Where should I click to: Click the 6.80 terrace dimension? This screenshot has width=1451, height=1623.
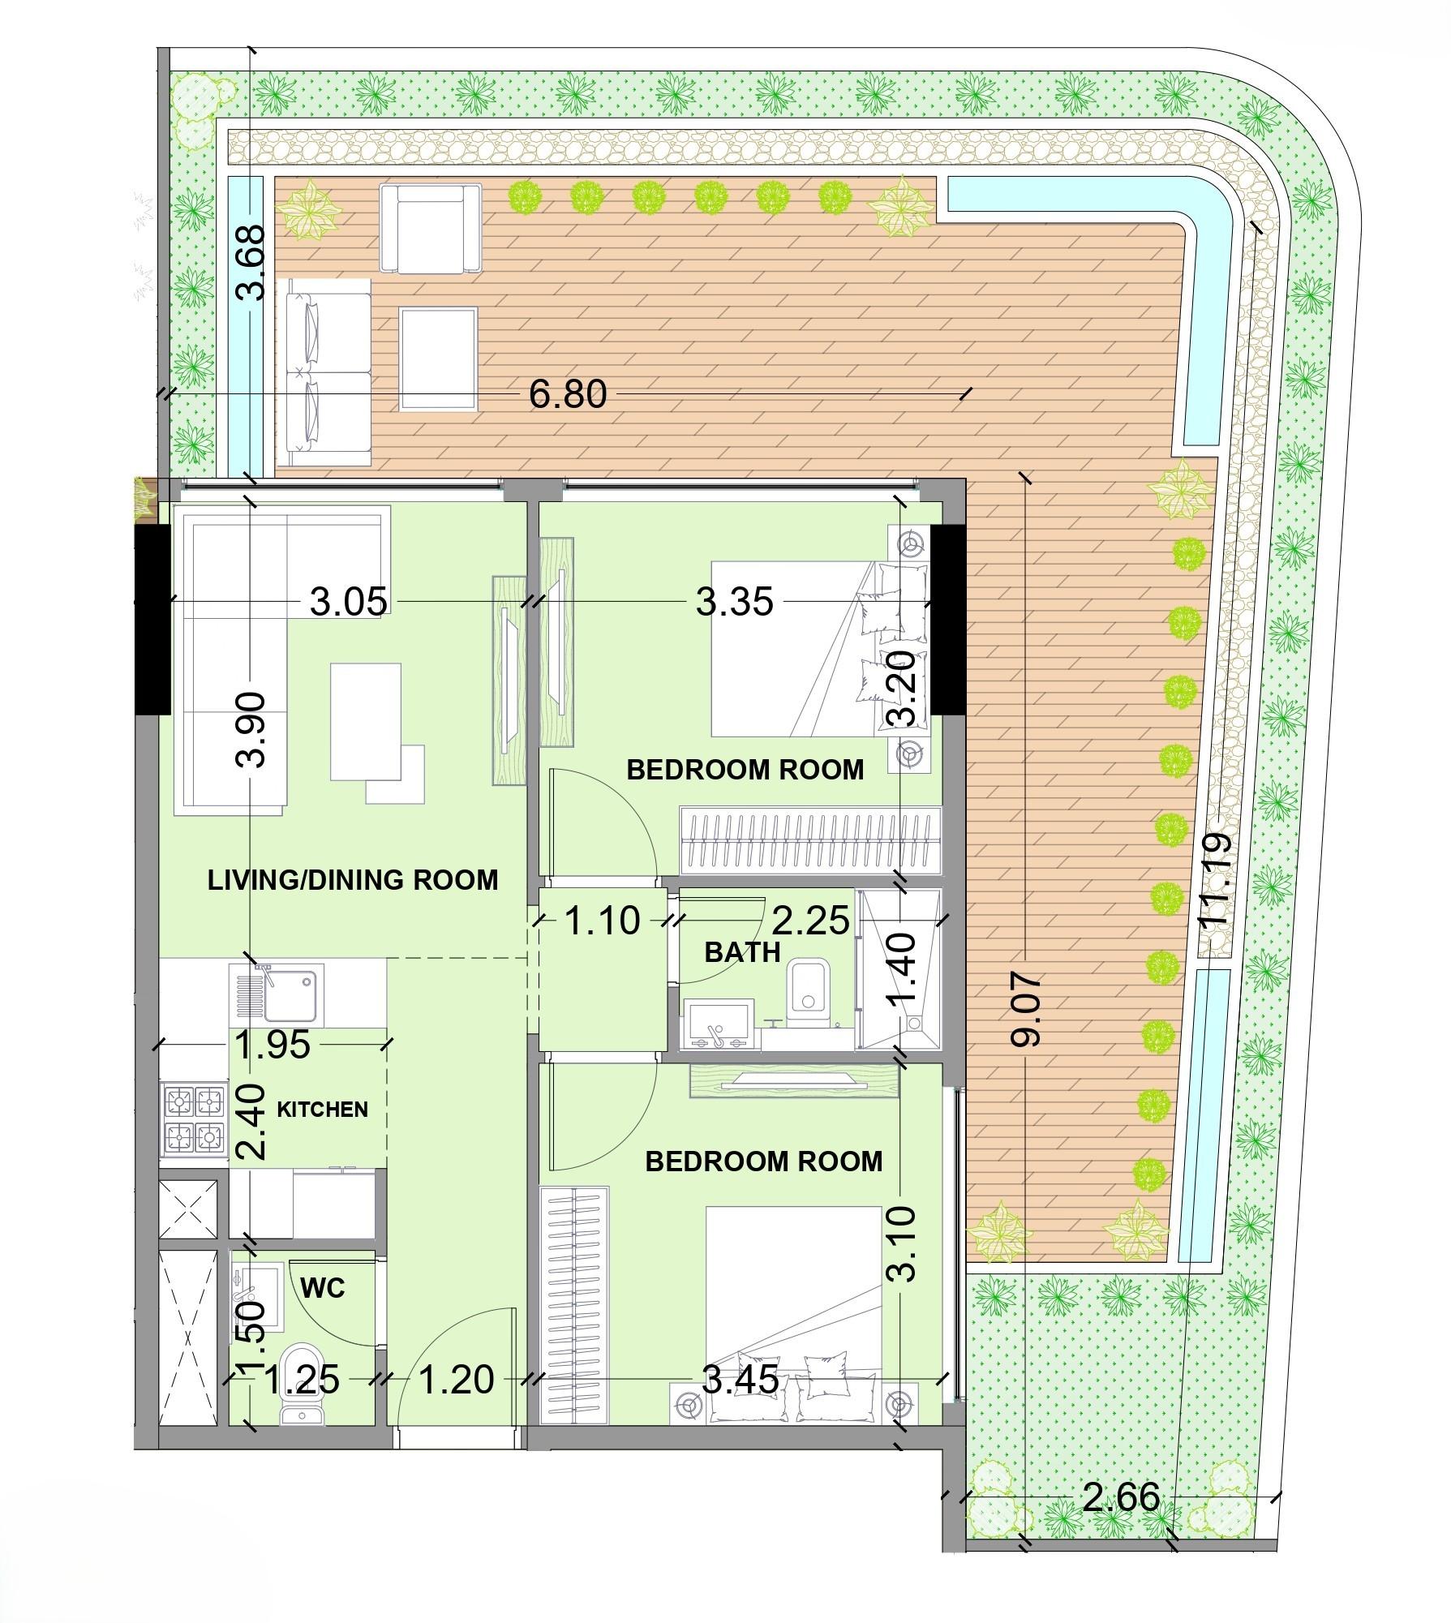click(567, 395)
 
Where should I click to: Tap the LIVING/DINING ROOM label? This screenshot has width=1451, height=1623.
click(353, 880)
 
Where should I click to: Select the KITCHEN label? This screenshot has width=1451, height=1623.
click(322, 1110)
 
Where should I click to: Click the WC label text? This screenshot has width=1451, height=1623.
click(323, 1287)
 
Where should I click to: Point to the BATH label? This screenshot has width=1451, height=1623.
click(742, 952)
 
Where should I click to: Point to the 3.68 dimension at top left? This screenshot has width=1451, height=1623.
click(251, 262)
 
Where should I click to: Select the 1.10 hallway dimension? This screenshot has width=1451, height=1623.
click(601, 921)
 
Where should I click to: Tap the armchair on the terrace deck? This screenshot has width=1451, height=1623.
click(430, 228)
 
